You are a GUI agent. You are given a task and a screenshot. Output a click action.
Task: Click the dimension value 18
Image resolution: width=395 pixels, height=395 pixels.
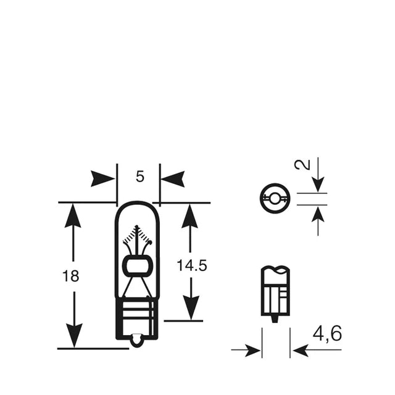pyautogui.click(x=70, y=276)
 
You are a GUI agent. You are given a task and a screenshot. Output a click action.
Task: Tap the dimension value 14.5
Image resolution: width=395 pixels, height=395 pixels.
pyautogui.click(x=192, y=265)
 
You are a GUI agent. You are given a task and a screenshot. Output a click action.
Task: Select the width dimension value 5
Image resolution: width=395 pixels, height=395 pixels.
pyautogui.click(x=140, y=177)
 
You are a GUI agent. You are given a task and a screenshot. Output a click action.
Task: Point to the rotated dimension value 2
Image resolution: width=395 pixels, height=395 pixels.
pyautogui.click(x=302, y=165)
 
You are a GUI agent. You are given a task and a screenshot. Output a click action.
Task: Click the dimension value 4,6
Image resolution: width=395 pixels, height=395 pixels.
pyautogui.click(x=328, y=333)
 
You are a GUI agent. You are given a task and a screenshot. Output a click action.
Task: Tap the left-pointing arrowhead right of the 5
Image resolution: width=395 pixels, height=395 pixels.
pyautogui.click(x=173, y=179)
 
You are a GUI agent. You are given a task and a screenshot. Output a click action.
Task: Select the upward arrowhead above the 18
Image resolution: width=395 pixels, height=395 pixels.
pyautogui.click(x=73, y=215)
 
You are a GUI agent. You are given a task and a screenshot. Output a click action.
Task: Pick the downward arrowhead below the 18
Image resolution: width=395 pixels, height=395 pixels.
pyautogui.click(x=74, y=336)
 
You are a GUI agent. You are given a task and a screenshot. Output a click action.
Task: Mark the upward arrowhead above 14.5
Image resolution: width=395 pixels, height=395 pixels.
pyautogui.click(x=189, y=216)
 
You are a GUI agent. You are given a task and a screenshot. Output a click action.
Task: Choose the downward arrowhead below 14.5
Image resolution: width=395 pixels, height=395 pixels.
pyautogui.click(x=191, y=308)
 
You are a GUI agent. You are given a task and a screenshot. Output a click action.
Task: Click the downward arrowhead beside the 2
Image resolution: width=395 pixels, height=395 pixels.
pyautogui.click(x=318, y=185)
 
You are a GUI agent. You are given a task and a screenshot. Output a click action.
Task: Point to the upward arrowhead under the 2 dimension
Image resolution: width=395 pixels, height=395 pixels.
pyautogui.click(x=318, y=214)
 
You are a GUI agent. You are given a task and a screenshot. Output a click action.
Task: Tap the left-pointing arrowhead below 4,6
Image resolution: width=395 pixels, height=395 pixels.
pyautogui.click(x=301, y=350)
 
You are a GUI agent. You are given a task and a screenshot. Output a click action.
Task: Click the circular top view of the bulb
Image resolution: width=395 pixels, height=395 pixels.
pyautogui.click(x=275, y=198)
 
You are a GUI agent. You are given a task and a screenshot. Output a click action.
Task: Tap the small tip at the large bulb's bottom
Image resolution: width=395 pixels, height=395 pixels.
pyautogui.click(x=137, y=340)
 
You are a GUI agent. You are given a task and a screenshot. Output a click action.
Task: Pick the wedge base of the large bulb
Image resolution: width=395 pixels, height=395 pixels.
pyautogui.click(x=137, y=318)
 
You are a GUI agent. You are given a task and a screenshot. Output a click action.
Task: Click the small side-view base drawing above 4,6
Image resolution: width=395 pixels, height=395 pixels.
pyautogui.click(x=275, y=294)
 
